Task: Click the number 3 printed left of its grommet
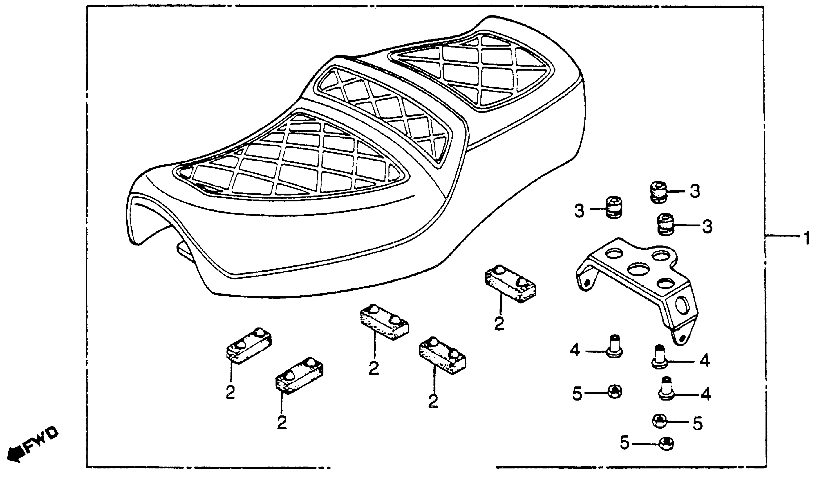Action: [x=579, y=211]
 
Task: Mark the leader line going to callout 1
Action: [x=784, y=236]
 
